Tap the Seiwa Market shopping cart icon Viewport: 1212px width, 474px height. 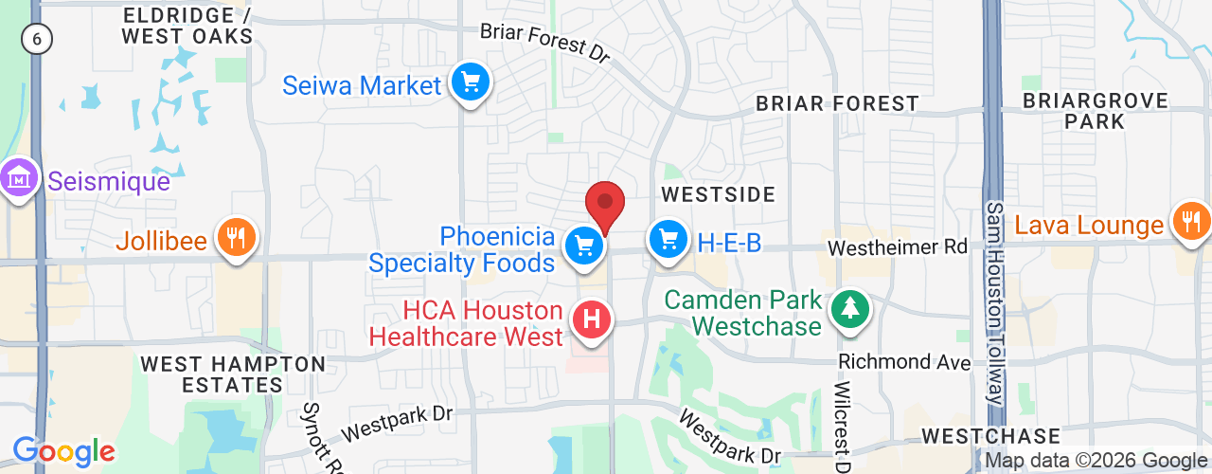tap(470, 83)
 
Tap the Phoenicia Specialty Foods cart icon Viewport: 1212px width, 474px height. tap(585, 246)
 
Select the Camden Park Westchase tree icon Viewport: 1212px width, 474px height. tap(850, 309)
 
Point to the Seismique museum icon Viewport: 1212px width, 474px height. tap(19, 177)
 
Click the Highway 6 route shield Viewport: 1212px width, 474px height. tap(37, 39)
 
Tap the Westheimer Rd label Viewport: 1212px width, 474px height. tap(898, 247)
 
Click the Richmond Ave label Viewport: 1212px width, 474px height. tap(904, 362)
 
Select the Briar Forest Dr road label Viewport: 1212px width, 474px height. tap(544, 42)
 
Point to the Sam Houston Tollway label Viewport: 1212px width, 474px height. tap(994, 303)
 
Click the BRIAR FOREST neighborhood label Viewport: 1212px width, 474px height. tap(837, 103)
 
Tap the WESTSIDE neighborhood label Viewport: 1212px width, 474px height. tap(718, 194)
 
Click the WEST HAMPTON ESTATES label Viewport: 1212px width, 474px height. tap(233, 374)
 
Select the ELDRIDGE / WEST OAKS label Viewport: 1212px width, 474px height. tap(187, 27)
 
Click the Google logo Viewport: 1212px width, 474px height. tap(63, 451)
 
